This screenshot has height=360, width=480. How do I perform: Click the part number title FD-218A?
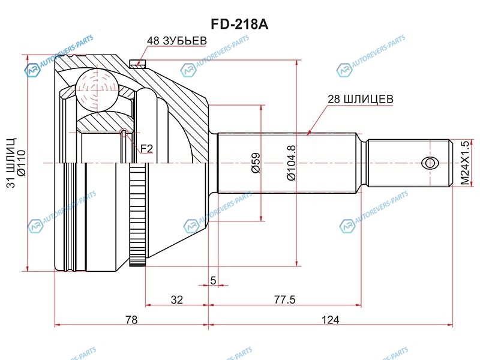click(239, 25)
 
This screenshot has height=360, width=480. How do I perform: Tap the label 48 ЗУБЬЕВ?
click(177, 41)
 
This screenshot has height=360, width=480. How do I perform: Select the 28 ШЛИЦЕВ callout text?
click(361, 99)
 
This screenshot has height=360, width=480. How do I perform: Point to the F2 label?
click(146, 149)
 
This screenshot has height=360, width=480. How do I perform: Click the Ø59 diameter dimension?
click(256, 163)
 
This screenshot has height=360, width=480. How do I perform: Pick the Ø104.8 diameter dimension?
click(292, 163)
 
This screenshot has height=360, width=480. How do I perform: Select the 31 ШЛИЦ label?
click(11, 163)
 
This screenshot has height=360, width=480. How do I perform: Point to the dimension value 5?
click(213, 280)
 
